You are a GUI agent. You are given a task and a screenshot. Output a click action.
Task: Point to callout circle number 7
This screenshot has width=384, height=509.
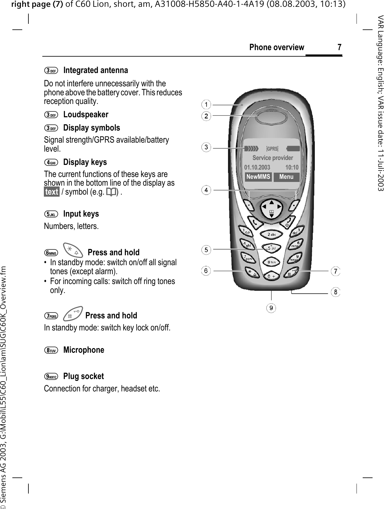pyautogui.click(x=335, y=271)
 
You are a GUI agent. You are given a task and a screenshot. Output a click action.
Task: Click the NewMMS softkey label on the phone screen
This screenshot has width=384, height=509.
pyautogui.click(x=258, y=177)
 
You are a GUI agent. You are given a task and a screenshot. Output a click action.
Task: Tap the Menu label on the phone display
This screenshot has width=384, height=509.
pyautogui.click(x=286, y=177)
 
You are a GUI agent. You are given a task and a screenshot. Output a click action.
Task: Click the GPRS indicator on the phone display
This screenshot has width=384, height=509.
pyautogui.click(x=272, y=149)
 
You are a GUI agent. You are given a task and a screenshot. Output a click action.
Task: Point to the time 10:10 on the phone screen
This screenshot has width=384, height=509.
pyautogui.click(x=292, y=167)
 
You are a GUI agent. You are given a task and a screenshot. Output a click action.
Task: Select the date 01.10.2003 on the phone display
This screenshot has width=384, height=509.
pyautogui.click(x=257, y=167)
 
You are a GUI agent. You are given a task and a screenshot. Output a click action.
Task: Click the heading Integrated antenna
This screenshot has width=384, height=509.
pyautogui.click(x=95, y=70)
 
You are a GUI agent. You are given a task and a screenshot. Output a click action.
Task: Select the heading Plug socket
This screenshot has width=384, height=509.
pyautogui.click(x=83, y=376)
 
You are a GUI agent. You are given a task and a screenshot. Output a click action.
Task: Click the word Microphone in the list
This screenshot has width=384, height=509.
pyautogui.click(x=84, y=350)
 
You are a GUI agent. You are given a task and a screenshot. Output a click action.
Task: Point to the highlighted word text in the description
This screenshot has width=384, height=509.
pyautogui.click(x=52, y=192)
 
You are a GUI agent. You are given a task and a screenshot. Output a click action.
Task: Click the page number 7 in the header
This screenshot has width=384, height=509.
pyautogui.click(x=339, y=47)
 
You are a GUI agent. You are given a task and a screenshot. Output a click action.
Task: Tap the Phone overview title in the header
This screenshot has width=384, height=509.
pyautogui.click(x=277, y=47)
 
